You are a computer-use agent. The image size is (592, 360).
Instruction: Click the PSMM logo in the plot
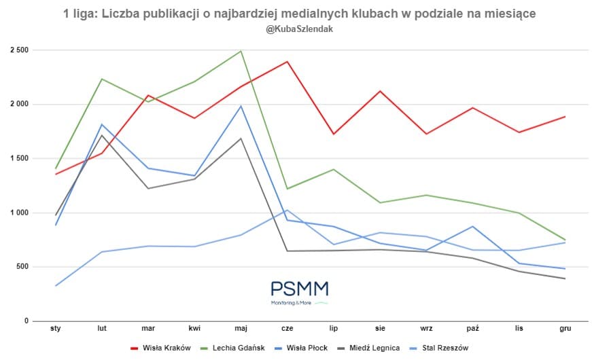coord(299,292)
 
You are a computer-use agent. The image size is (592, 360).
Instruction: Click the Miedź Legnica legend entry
coord(374,348)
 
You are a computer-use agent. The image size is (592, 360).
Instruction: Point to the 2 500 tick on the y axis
coord(19,50)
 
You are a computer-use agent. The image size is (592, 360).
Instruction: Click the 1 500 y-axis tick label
coord(19,158)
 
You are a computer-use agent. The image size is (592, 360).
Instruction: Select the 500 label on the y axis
coord(22,267)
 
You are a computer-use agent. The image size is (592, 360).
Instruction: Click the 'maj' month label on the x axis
coord(241,329)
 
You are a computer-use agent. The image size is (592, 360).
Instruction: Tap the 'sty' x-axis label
coord(56,329)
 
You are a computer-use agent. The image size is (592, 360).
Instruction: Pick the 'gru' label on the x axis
coord(565,329)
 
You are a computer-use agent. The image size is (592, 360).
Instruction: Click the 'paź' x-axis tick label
coord(472,329)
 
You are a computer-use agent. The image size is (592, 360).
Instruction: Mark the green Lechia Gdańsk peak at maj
coord(241,51)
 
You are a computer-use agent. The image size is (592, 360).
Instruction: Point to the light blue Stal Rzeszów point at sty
coord(56,285)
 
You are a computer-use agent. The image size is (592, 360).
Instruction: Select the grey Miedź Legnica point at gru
coord(565,278)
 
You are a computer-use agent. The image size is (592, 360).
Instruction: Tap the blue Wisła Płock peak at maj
coord(241,106)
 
